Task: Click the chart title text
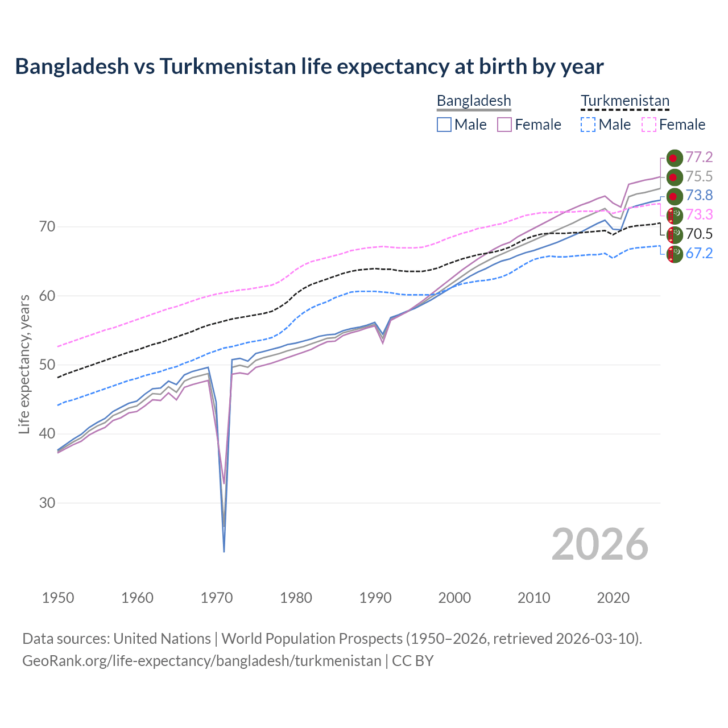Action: (309, 67)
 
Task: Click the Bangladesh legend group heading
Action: (474, 101)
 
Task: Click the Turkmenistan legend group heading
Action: (624, 101)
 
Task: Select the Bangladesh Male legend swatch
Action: (444, 125)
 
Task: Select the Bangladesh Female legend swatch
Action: (504, 125)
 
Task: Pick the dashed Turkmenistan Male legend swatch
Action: (588, 125)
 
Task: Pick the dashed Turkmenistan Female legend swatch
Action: (648, 125)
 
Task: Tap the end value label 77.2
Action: (699, 158)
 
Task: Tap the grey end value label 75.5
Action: (699, 177)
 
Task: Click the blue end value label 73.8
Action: (699, 196)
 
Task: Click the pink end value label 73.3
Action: (699, 215)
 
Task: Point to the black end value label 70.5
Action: (699, 234)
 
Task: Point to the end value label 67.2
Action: (699, 254)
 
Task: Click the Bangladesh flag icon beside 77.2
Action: (674, 158)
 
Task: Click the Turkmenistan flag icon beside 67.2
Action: (674, 254)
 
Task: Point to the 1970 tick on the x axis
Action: (217, 598)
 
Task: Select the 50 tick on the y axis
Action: (47, 365)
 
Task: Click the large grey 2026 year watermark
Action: (599, 545)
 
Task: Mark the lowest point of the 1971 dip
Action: (224, 551)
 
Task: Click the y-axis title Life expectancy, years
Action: (24, 364)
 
